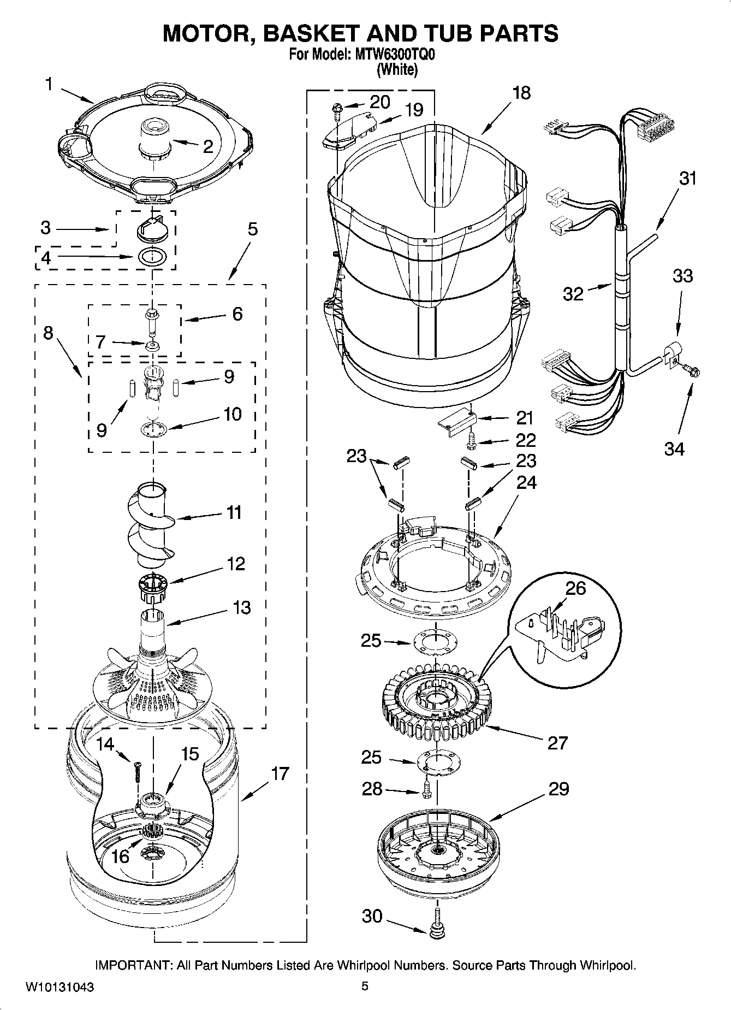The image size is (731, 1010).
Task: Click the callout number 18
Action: coord(521,93)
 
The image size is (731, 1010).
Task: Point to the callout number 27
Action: coord(557,742)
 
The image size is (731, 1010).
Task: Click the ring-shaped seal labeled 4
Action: coord(152,257)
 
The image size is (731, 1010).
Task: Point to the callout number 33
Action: coord(682,276)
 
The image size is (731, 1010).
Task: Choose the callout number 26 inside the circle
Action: coord(575,589)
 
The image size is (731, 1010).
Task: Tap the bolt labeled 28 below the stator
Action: coord(427,789)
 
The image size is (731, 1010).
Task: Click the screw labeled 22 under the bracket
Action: coord(472,441)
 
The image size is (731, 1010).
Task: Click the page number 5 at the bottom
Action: coord(365,986)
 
